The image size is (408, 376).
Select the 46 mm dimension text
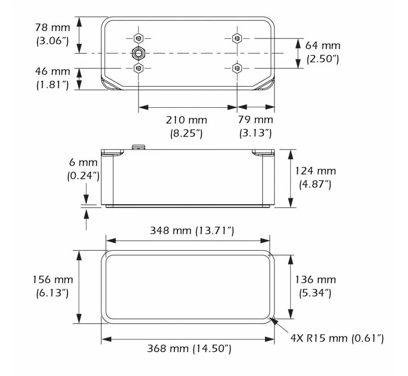tap(53, 72)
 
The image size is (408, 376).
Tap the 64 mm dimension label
tap(323, 45)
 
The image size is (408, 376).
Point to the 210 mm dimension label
tap(186, 120)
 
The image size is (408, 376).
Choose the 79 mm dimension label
tap(255, 120)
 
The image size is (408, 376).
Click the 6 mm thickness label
tap(83, 163)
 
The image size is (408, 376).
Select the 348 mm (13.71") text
tap(192, 231)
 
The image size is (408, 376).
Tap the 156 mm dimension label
tap(52, 280)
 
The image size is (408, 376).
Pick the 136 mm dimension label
tap(315, 280)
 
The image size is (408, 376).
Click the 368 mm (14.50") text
tap(189, 348)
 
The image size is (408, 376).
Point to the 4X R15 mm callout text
tap(337, 338)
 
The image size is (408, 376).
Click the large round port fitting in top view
tap(138, 53)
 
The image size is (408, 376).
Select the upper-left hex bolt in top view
tap(138, 38)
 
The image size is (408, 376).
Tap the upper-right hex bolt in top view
tap(237, 38)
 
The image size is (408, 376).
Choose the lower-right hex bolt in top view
tap(237, 68)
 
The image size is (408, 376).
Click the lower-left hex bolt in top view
tap(138, 68)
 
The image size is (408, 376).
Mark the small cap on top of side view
tap(138, 147)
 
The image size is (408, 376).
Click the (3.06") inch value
tap(53, 40)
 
